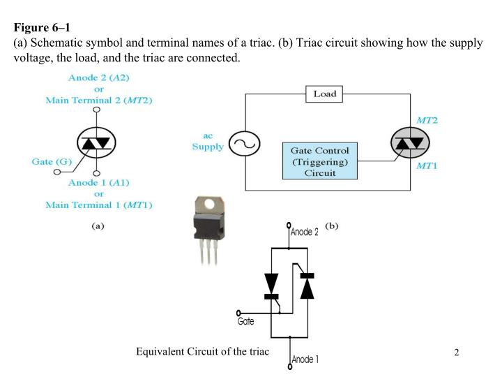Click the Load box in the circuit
pos(324,94)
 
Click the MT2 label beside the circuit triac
pos(426,121)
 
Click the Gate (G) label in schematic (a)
pos(52,161)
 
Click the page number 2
pos(457,352)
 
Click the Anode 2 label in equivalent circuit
pos(305,232)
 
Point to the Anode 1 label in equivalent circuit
pos(305,360)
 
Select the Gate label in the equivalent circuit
pos(245,323)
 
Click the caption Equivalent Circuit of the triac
pos(202,350)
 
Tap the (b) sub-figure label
pos(332,226)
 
